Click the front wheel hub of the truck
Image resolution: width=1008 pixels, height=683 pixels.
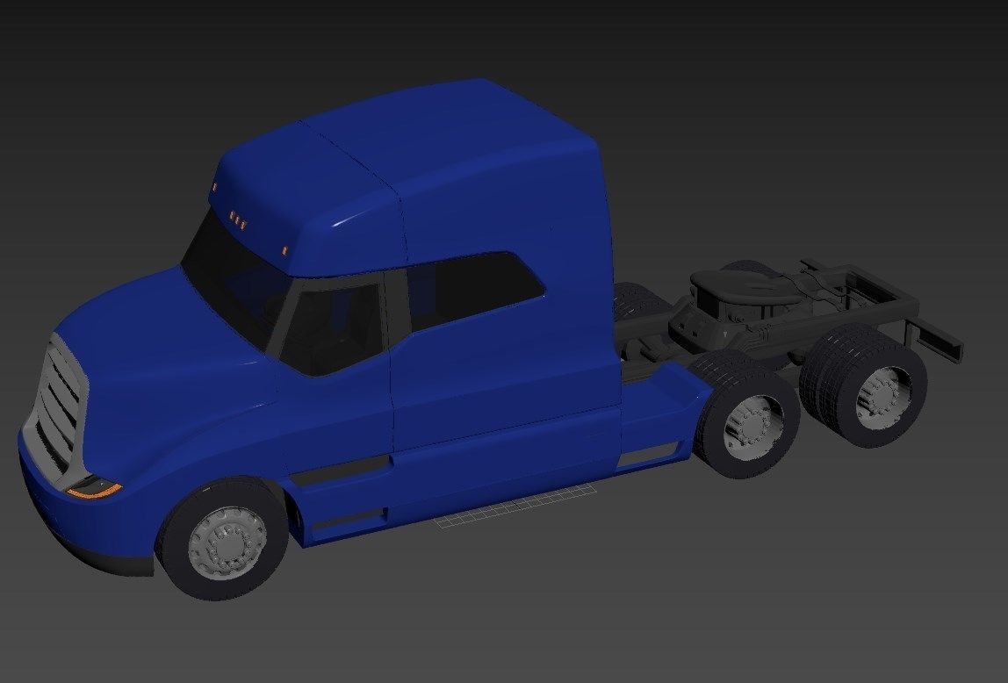(x=227, y=539)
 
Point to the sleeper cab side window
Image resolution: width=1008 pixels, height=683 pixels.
(x=474, y=289)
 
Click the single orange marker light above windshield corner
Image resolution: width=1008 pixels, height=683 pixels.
(x=285, y=251)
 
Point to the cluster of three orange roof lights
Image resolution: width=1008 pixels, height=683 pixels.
(x=238, y=219)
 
